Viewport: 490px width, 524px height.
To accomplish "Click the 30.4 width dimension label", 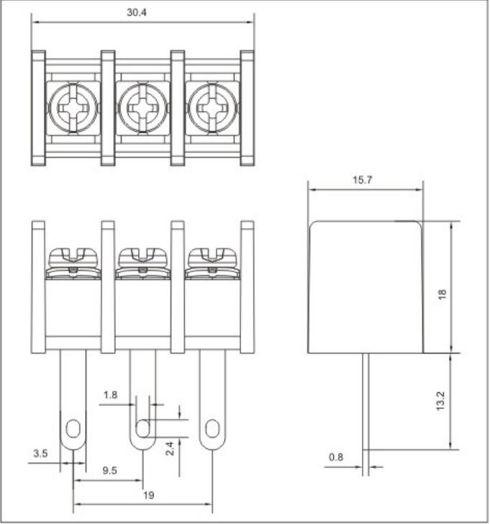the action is point(136,12).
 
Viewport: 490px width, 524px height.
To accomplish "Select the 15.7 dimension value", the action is point(362,180).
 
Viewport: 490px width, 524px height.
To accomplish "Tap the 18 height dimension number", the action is point(442,294).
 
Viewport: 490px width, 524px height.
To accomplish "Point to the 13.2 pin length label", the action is point(440,401).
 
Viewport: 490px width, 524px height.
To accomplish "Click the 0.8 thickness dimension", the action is point(336,457).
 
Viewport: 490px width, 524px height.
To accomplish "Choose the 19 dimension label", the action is point(149,495).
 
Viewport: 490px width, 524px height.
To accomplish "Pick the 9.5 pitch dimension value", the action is point(109,471).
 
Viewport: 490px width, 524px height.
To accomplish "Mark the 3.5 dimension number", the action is point(40,453).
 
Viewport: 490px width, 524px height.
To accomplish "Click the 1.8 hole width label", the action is point(110,395).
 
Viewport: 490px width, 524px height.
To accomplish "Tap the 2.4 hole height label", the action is point(170,448).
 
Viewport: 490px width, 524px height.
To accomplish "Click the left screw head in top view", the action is point(73,108).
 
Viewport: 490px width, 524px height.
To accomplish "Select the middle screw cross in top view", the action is point(143,108).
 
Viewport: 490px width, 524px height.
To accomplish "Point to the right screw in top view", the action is point(213,108).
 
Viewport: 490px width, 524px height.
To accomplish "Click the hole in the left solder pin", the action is point(73,428).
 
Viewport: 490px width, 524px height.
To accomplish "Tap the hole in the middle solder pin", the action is point(143,428).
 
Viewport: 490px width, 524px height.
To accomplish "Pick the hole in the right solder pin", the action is point(212,428).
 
